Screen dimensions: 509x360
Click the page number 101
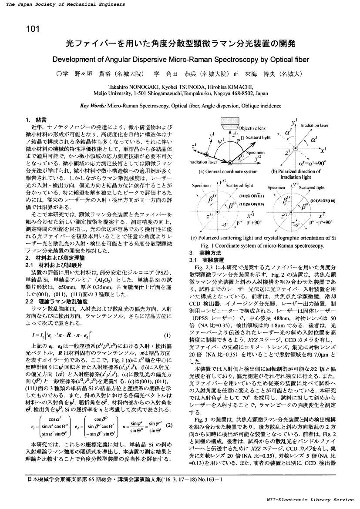[33, 30]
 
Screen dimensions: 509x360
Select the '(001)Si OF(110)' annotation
[323, 201]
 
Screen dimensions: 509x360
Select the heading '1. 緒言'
[36, 119]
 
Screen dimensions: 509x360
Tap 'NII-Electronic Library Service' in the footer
[313, 500]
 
